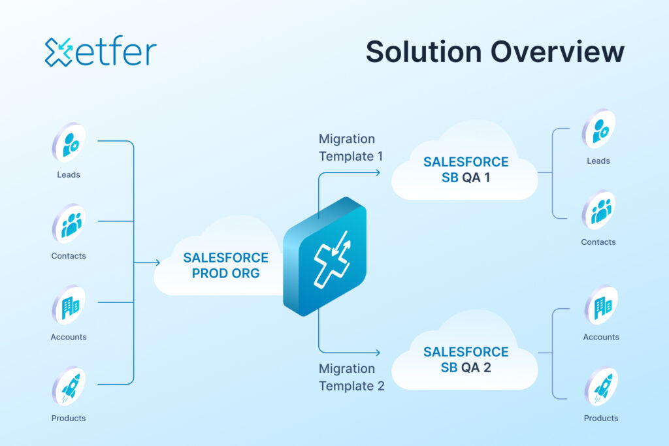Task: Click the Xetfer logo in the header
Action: [101, 52]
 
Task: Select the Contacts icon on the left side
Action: [69, 224]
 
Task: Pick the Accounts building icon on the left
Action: [69, 305]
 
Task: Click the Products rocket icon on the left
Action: [69, 387]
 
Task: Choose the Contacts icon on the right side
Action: [599, 210]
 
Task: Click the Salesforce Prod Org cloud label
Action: [225, 265]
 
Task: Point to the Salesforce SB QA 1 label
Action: [465, 169]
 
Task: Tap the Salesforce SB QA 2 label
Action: [465, 360]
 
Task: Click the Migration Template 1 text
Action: [347, 148]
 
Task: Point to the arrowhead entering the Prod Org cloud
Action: [157, 263]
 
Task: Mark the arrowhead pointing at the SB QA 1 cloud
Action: [377, 173]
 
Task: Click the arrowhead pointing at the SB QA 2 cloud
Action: [377, 351]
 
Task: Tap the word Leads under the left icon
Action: [69, 175]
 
